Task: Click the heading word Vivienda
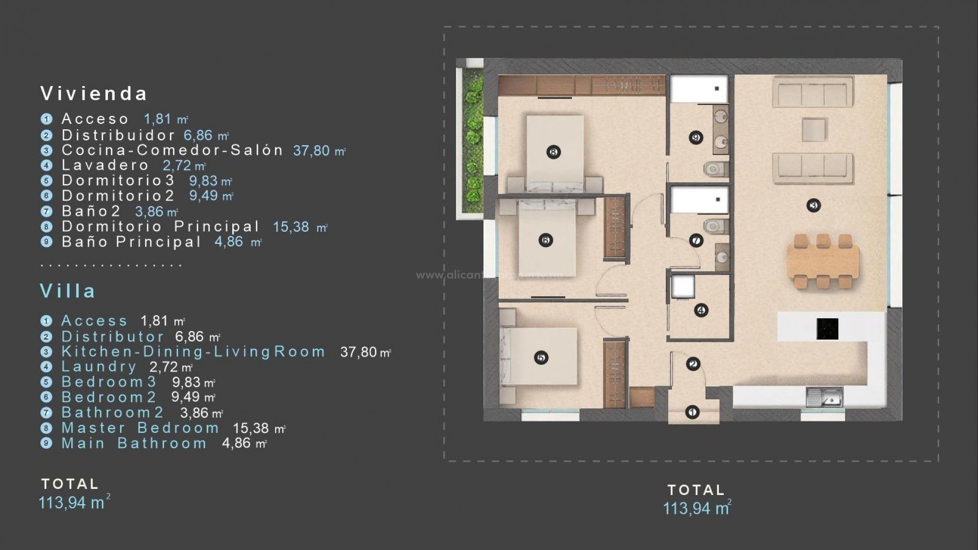click(94, 94)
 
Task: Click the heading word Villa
click(68, 291)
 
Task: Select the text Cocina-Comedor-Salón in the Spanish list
click(172, 150)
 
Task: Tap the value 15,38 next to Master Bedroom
click(251, 429)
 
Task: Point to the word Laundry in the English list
click(99, 367)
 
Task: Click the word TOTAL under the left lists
click(70, 484)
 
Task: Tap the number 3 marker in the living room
click(813, 206)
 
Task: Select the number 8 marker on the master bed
click(553, 152)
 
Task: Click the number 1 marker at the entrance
click(692, 412)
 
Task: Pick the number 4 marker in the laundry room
click(701, 310)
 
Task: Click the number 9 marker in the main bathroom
click(696, 137)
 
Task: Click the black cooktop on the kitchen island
click(827, 329)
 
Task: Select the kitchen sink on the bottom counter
click(824, 397)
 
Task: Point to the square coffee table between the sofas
click(814, 129)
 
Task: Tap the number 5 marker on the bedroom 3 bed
click(541, 358)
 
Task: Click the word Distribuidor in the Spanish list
click(118, 135)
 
